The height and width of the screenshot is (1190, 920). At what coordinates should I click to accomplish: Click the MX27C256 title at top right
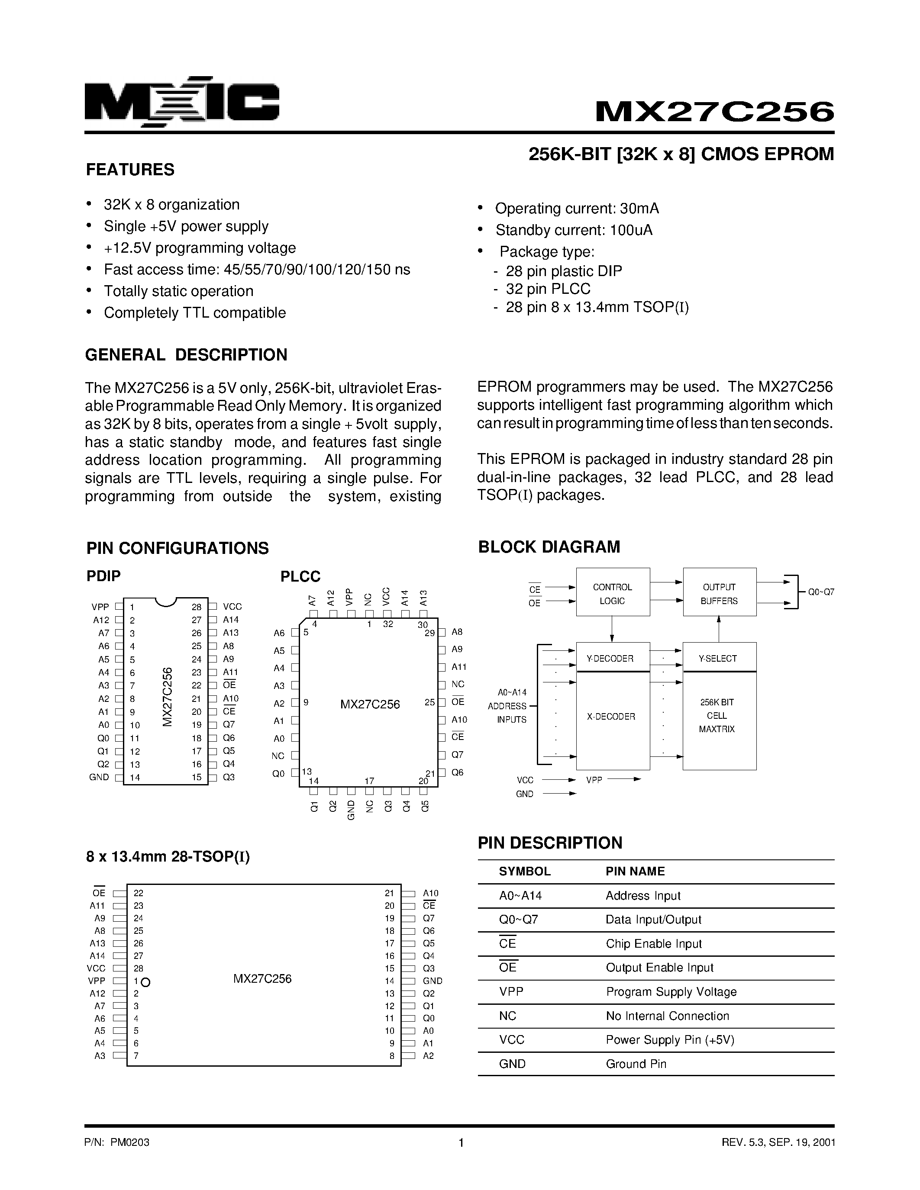(714, 112)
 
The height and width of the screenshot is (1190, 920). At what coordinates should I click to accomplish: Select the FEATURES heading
(130, 170)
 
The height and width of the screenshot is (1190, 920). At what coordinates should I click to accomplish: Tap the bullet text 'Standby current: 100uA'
(573, 231)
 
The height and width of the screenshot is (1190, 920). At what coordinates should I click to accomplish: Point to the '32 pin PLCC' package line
(548, 289)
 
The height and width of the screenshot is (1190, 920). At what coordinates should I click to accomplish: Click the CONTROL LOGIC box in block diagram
(612, 594)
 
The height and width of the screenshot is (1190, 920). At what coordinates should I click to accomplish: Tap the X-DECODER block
(611, 717)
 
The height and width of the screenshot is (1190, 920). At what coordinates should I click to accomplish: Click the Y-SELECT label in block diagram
(718, 658)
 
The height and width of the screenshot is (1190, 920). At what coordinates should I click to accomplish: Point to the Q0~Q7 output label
(821, 592)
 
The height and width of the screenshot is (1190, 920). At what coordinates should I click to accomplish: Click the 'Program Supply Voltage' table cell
(671, 992)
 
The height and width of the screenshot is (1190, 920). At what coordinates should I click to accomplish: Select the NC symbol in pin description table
(507, 1016)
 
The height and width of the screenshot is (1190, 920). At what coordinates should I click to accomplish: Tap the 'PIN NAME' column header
(635, 871)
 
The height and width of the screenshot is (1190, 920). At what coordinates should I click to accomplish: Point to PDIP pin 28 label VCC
(232, 606)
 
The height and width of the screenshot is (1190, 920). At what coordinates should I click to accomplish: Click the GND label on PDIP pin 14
(99, 777)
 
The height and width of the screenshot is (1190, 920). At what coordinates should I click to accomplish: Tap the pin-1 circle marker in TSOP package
(145, 982)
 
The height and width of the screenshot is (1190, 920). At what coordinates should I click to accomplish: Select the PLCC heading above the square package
(300, 576)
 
